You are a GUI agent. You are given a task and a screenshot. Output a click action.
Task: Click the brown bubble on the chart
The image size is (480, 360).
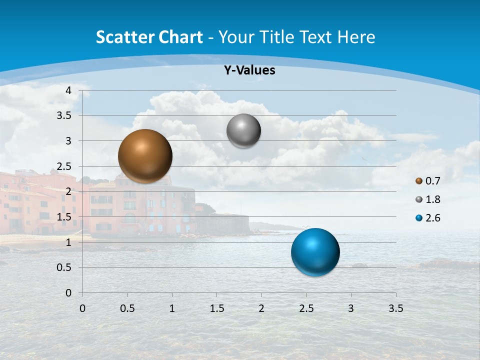[x=145, y=156]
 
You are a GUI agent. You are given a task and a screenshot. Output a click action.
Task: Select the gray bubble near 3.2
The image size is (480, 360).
[x=243, y=131]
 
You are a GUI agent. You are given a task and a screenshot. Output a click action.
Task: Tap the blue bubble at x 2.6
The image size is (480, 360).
[x=315, y=252]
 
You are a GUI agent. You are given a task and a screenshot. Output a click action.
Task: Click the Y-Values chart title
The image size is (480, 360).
[x=249, y=70]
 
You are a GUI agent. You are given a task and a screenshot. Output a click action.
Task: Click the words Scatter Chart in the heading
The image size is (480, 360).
[x=149, y=37]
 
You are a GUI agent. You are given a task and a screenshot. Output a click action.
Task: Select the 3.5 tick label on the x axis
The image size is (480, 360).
[x=395, y=308]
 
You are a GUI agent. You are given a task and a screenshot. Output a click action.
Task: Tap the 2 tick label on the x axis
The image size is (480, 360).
[x=261, y=308]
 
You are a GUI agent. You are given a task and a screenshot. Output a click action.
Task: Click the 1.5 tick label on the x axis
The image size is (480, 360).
[x=216, y=308]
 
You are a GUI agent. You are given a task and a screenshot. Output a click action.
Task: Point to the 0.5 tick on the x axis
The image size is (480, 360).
[x=127, y=308]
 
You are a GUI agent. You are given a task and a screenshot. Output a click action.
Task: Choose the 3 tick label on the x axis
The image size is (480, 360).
[x=351, y=308]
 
